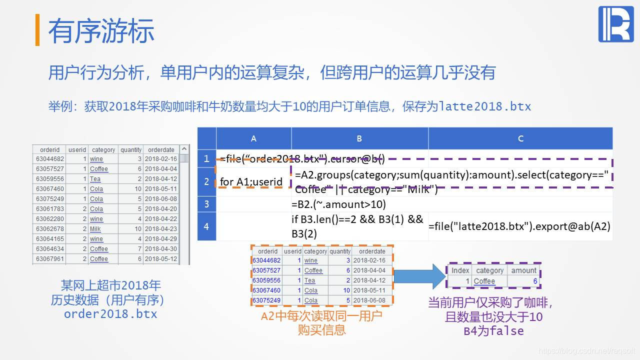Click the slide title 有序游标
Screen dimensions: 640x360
tap(101, 31)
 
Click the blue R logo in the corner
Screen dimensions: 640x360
tap(615, 24)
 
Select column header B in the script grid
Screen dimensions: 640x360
tap(359, 138)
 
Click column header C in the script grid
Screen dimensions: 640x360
tap(520, 138)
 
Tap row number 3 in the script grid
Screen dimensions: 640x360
tap(206, 204)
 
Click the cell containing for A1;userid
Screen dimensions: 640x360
tap(251, 181)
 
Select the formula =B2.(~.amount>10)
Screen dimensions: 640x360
tap(338, 204)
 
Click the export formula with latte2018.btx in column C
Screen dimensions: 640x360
tap(519, 226)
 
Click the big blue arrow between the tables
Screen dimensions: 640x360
tap(419, 275)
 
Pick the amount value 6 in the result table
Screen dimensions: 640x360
tap(534, 281)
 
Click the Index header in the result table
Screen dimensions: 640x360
tap(460, 270)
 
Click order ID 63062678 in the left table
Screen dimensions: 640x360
tap(50, 229)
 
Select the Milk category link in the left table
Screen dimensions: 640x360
tap(95, 229)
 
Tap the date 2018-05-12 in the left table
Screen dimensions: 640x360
tap(161, 259)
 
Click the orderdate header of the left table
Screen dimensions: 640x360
tap(161, 149)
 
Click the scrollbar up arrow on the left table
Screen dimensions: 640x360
tap(184, 149)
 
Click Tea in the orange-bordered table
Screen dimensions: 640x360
tap(310, 280)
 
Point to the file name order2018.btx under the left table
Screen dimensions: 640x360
tap(110, 314)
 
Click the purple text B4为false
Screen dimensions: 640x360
tap(493, 330)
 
